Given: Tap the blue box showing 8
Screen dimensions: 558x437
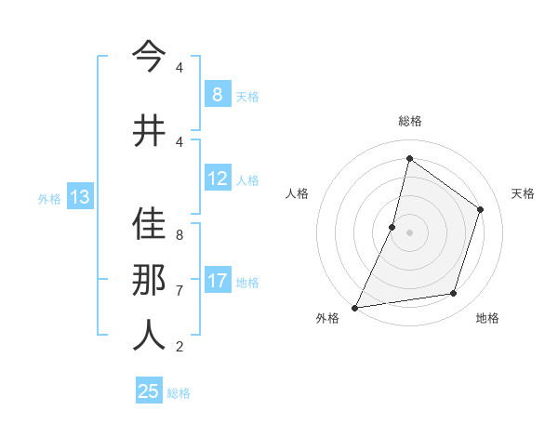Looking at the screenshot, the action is pyautogui.click(x=217, y=94).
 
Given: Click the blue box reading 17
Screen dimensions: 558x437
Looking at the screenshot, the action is pyautogui.click(x=217, y=281).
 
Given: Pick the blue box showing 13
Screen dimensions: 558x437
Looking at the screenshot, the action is pyautogui.click(x=79, y=197).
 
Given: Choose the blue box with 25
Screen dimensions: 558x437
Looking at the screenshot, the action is pyautogui.click(x=149, y=391).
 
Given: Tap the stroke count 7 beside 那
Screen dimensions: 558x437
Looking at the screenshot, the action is pyautogui.click(x=179, y=290).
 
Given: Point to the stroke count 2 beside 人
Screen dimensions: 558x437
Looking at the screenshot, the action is pyautogui.click(x=179, y=347).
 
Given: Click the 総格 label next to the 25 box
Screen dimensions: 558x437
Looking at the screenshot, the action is pyautogui.click(x=179, y=393).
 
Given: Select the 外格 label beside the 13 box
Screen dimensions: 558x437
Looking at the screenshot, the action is pyautogui.click(x=49, y=198).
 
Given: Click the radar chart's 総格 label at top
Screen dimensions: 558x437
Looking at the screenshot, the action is pyautogui.click(x=409, y=121).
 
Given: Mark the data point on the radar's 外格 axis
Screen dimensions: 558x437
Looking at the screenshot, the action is pyautogui.click(x=355, y=307).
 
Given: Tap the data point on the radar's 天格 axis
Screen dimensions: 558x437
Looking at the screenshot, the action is pyautogui.click(x=481, y=209).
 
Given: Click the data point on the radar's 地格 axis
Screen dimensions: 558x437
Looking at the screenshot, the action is pyautogui.click(x=454, y=294).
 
